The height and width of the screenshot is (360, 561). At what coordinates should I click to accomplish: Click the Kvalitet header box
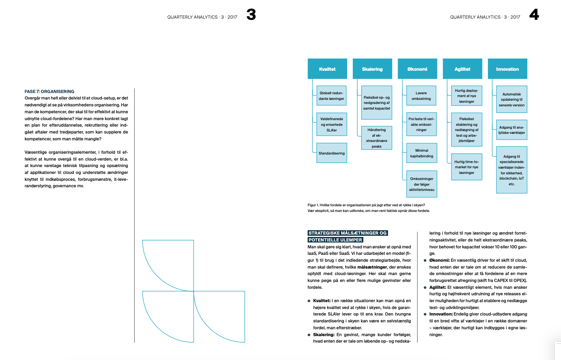[x=327, y=69]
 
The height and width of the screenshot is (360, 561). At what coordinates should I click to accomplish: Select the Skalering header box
[x=372, y=69]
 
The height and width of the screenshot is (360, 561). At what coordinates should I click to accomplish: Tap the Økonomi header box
[x=417, y=69]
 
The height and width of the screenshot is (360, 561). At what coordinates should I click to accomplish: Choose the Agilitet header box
[x=462, y=69]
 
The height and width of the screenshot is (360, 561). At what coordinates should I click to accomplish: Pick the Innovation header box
[x=507, y=69]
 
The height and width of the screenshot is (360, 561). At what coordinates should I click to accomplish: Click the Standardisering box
[x=331, y=153]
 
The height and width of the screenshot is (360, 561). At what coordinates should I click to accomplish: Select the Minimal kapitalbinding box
[x=422, y=153]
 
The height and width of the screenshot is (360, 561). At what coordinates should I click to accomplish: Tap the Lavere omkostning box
[x=421, y=96]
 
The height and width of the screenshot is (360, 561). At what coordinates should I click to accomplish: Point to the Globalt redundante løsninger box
[x=331, y=96]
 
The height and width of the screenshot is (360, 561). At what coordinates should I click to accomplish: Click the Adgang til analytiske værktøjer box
[x=512, y=130]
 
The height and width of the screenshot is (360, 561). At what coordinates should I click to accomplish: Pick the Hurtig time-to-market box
[x=466, y=167]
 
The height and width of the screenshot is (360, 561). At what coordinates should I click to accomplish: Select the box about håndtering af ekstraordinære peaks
[x=377, y=138]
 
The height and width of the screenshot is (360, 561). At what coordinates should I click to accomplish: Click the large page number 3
[x=251, y=15]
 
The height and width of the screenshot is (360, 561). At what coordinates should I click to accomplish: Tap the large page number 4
[x=534, y=15]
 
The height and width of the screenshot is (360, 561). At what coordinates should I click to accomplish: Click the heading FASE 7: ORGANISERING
[x=49, y=91]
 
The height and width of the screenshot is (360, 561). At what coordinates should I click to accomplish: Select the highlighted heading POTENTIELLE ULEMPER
[x=335, y=240]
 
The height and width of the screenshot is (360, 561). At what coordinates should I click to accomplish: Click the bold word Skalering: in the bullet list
[x=324, y=335]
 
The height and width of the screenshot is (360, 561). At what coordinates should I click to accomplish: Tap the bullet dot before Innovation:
[x=425, y=314]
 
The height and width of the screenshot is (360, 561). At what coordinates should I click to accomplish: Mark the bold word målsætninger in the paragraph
[x=372, y=267]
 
